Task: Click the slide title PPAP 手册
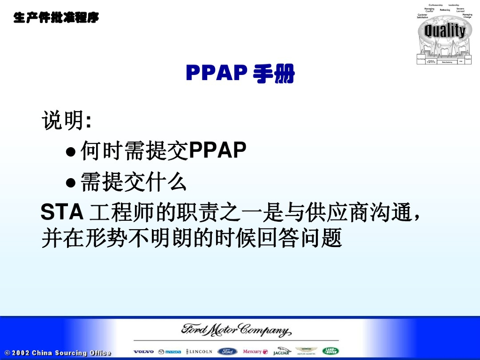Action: coord(240,74)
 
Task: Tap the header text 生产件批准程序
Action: coord(56,18)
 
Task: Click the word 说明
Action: coord(63,121)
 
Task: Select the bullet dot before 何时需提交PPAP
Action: coord(71,151)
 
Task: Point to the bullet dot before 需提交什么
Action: coord(71,182)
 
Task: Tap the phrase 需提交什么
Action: coord(134,181)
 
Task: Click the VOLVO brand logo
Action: coord(143,352)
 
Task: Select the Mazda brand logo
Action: coord(169,352)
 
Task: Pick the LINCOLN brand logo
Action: coord(199,352)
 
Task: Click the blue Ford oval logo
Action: coord(227,352)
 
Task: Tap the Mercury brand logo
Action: coord(255,352)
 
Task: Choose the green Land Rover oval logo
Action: coord(330,351)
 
